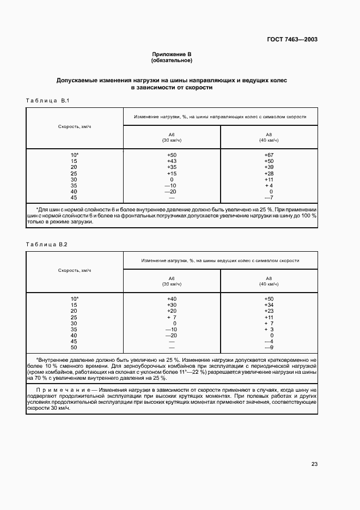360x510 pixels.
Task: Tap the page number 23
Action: coord(314,464)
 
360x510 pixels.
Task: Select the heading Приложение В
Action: coord(172,54)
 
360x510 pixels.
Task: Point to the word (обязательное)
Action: coord(172,60)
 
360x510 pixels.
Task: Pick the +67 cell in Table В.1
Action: coord(268,155)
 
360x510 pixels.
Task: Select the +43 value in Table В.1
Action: coord(172,161)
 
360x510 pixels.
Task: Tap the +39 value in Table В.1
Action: coord(268,167)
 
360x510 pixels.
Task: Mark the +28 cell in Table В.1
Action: coord(268,173)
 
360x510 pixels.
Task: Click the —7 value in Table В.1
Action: coord(268,197)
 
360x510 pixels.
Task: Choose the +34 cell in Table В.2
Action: coord(268,305)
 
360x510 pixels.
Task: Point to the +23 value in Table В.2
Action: coord(268,311)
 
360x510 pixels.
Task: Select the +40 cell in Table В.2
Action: coord(172,299)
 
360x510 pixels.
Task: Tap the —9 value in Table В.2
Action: coord(268,347)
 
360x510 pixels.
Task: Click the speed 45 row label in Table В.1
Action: coord(74,197)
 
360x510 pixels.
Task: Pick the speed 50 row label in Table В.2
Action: coord(74,347)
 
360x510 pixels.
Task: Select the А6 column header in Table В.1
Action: coord(172,135)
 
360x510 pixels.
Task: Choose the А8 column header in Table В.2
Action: coord(268,278)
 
